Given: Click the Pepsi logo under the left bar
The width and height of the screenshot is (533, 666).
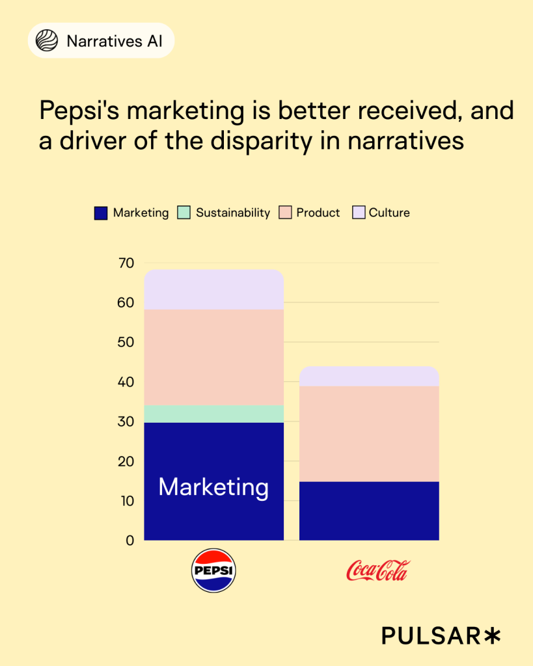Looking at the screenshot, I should (x=213, y=570).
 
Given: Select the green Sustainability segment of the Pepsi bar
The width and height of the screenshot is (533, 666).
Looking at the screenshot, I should (x=213, y=414).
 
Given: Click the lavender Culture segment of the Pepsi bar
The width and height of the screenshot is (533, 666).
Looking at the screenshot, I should (x=213, y=290).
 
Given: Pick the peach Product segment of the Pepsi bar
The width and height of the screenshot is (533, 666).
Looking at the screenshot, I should (x=213, y=357).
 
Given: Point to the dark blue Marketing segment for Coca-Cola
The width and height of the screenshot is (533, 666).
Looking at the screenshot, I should (x=369, y=511).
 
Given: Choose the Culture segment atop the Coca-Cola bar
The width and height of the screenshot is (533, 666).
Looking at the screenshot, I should (x=369, y=377).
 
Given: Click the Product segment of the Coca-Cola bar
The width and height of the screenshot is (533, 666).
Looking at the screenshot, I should (x=369, y=433).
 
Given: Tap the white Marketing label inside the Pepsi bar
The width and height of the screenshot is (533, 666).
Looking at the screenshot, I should (x=213, y=487).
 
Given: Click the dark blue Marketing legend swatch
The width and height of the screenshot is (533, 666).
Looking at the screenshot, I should (x=100, y=213).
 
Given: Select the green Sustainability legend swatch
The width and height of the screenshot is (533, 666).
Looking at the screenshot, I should (x=184, y=213).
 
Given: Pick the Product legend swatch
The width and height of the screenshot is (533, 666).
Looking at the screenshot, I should (x=284, y=213).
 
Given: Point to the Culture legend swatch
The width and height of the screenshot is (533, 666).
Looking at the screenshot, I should (x=358, y=213).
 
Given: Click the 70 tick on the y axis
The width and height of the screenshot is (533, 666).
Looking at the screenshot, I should (x=126, y=263).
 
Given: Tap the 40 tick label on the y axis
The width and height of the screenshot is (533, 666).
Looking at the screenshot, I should (x=126, y=382).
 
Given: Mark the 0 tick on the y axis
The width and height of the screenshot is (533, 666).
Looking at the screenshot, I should (x=130, y=540).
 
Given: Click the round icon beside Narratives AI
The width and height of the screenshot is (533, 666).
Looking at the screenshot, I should (x=46, y=41).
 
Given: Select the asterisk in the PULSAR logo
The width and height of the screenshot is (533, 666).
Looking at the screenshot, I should (x=492, y=635).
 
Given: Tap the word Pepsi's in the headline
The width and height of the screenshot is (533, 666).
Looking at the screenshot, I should (x=79, y=111).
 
